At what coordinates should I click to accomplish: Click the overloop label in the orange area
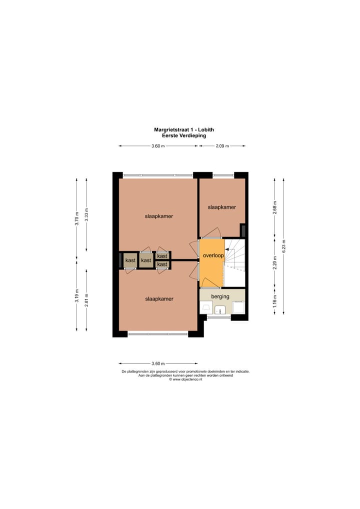tap(212, 255)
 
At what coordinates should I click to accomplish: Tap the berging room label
tap(220, 296)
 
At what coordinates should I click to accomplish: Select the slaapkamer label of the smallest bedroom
tap(221, 207)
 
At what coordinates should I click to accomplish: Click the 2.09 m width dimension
tap(221, 146)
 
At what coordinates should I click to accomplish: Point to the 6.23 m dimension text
tap(284, 246)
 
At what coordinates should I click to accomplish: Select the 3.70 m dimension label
tap(76, 220)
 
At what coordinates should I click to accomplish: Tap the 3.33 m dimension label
tap(86, 214)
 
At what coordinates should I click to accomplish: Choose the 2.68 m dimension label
tap(274, 206)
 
